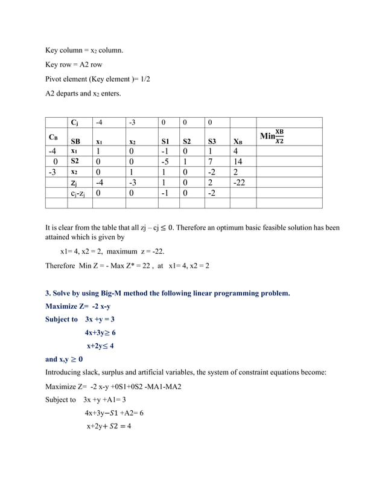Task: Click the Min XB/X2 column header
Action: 272,137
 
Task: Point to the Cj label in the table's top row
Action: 74,123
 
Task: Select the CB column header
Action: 53,137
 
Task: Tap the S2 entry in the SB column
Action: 75,161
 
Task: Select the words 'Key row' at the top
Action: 59,65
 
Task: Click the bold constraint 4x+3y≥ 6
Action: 100,332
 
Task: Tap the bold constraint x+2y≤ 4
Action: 100,346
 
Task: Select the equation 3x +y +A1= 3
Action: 106,400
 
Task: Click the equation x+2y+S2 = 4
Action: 109,426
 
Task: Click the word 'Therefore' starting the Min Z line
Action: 60,266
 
